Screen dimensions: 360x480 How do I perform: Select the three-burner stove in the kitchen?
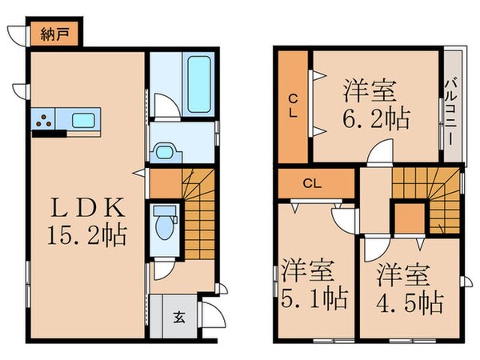(x=43, y=122)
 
